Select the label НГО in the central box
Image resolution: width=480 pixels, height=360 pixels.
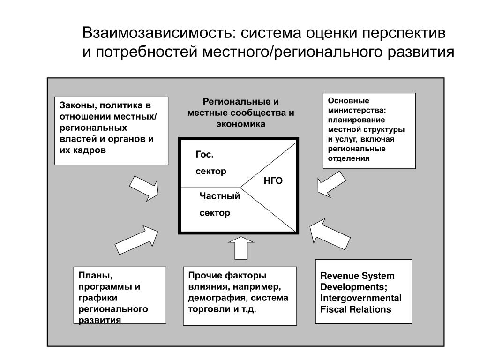click(x=273, y=181)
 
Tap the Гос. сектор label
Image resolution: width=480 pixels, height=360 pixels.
click(x=210, y=163)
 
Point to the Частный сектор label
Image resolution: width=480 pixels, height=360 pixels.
click(x=219, y=204)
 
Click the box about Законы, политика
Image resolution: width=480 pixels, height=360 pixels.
click(x=111, y=131)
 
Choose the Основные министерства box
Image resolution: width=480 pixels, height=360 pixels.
click(x=369, y=130)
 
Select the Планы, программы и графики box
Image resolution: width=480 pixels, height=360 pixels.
click(x=120, y=295)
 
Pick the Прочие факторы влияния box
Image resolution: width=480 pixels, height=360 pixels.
click(x=240, y=296)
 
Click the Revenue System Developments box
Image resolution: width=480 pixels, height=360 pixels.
click(x=363, y=291)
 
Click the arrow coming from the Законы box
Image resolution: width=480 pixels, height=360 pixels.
click(x=144, y=188)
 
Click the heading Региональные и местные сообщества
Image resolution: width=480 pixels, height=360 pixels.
click(x=240, y=113)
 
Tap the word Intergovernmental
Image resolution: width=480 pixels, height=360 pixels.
click(x=360, y=298)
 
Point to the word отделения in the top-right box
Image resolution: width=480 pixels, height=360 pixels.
click(x=349, y=158)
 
